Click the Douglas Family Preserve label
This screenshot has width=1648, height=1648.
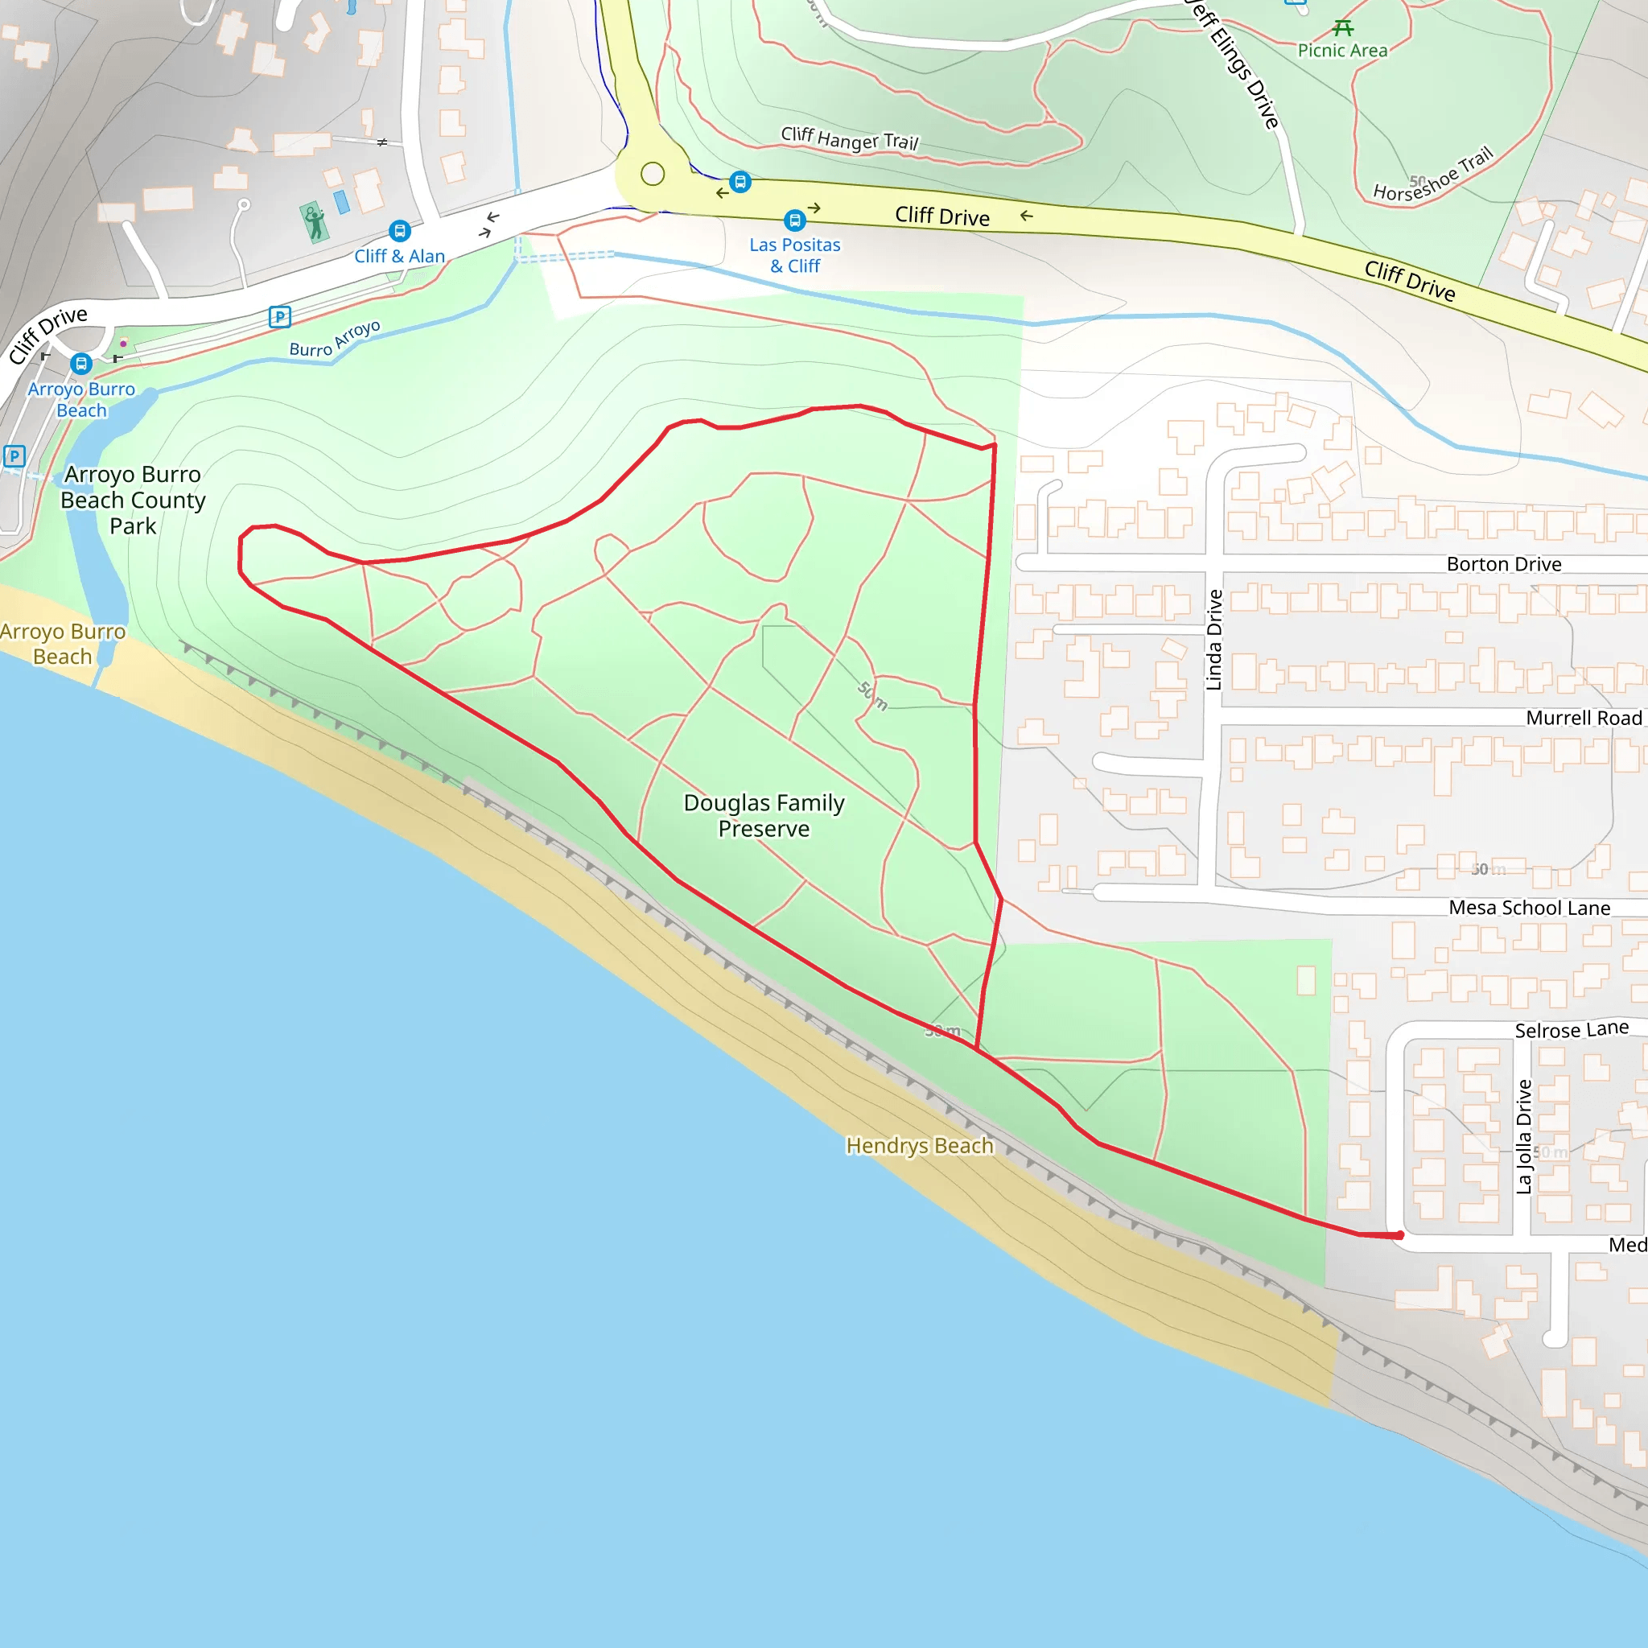(x=764, y=815)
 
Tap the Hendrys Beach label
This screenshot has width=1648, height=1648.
(x=920, y=1146)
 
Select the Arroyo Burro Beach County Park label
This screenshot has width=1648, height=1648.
(x=133, y=500)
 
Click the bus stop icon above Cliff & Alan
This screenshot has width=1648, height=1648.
(x=399, y=231)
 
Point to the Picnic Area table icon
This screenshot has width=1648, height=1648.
(x=1343, y=28)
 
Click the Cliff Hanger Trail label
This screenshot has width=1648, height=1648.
(x=850, y=139)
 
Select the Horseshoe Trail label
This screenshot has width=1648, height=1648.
(x=1434, y=175)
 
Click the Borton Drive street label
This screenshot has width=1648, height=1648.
(x=1504, y=565)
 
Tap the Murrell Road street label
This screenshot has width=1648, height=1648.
(x=1583, y=719)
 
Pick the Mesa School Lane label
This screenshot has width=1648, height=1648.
(x=1530, y=908)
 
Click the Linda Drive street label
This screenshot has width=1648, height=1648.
(x=1213, y=640)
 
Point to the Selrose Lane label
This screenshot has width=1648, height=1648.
(x=1572, y=1029)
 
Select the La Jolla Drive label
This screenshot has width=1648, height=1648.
(x=1523, y=1136)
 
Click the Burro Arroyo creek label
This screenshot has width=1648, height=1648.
(x=335, y=340)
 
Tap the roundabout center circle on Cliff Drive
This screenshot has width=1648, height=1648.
(x=653, y=174)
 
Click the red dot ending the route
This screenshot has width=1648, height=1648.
(x=1400, y=1235)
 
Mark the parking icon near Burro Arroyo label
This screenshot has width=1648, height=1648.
(x=280, y=317)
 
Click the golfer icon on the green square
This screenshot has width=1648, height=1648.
(x=315, y=223)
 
